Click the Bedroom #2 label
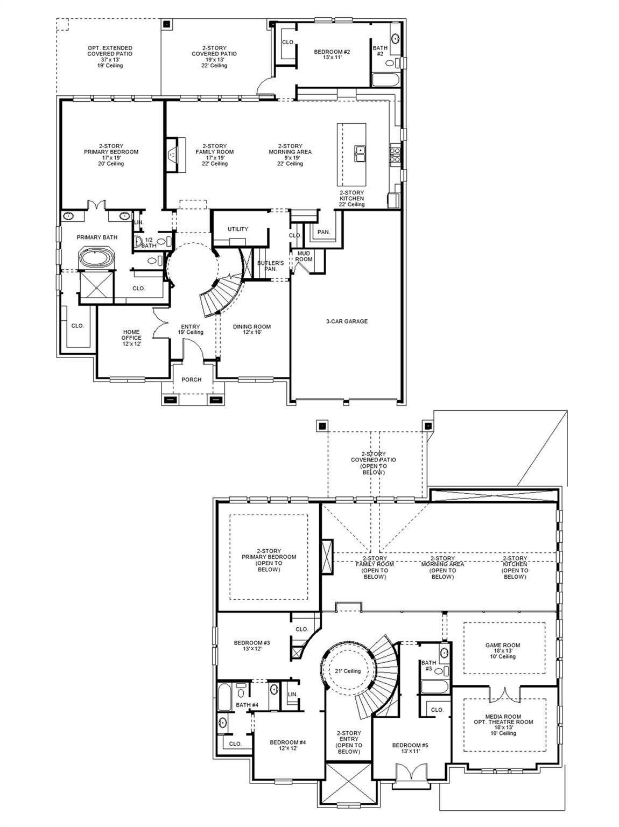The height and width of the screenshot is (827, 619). click(332, 54)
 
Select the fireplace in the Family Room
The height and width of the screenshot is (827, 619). click(176, 155)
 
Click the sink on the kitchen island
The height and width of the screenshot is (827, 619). click(360, 154)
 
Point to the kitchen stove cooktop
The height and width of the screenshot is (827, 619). click(395, 155)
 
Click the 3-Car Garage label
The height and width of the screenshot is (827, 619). click(347, 321)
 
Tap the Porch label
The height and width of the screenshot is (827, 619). click(191, 380)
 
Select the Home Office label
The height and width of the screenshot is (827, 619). click(131, 338)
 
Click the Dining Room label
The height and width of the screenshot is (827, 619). click(251, 330)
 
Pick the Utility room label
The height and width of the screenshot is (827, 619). click(238, 229)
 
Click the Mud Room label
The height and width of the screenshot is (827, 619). click(304, 256)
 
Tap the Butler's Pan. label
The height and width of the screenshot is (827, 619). click(270, 265)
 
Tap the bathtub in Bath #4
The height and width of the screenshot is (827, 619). click(225, 697)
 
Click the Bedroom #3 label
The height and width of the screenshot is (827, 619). click(252, 646)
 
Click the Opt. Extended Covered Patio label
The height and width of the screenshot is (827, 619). click(110, 57)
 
